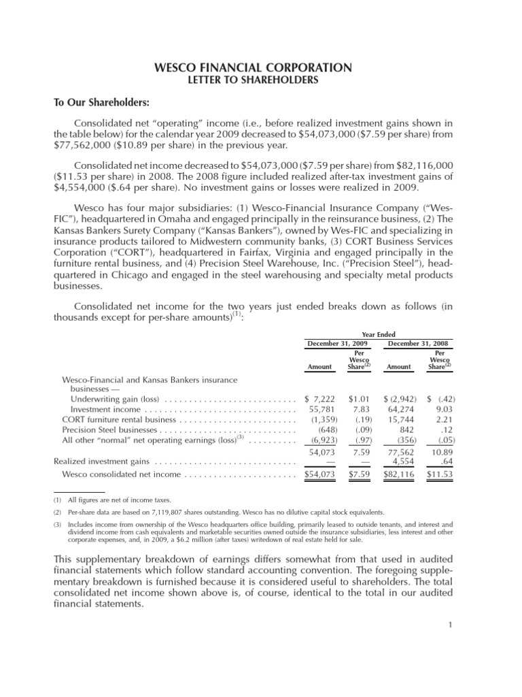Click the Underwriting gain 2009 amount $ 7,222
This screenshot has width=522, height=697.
[x=320, y=398]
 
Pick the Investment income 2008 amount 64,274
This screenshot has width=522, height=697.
[x=399, y=409]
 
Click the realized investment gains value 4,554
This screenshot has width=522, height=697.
[x=399, y=461]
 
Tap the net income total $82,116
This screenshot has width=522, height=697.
[x=398, y=474]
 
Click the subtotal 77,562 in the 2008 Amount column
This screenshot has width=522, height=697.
[x=399, y=451]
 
